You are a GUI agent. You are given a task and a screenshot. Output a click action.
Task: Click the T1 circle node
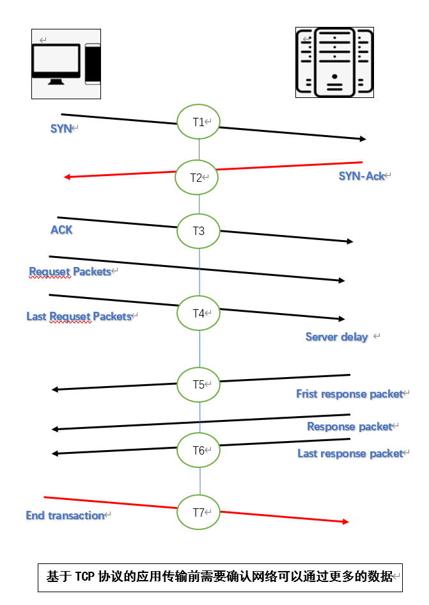199,121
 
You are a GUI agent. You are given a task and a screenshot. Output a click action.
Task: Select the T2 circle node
196,177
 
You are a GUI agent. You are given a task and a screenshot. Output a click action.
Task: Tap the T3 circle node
199,231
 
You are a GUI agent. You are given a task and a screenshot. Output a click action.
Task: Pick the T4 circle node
199,313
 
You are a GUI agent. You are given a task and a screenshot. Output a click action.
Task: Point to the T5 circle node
199,385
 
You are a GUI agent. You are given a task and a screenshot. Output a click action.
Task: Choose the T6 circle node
199,450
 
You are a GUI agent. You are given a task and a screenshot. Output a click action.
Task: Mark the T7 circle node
199,512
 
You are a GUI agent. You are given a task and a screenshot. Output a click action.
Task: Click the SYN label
61,129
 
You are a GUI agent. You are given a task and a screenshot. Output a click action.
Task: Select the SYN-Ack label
362,176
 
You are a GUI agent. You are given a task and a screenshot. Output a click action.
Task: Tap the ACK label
61,230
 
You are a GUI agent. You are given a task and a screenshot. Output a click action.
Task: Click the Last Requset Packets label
79,316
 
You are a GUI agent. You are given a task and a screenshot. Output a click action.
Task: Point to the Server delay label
336,337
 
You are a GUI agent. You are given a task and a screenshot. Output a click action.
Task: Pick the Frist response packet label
349,394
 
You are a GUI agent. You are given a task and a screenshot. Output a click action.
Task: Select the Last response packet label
350,453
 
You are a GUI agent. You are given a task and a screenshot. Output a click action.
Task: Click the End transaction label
65,515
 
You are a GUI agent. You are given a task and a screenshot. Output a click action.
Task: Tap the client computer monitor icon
57,63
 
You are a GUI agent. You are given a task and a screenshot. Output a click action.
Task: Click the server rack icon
334,62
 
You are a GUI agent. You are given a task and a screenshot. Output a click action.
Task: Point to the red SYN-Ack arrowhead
68,177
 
